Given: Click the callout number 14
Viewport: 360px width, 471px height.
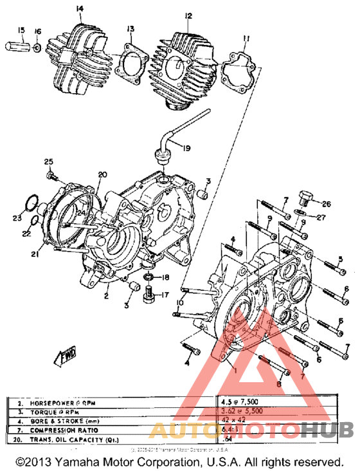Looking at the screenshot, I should (79, 8).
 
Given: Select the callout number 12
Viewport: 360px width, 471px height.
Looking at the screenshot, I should (188, 15).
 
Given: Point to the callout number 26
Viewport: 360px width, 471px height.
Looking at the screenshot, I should (327, 204).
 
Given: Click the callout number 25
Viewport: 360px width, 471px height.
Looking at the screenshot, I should (48, 161).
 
